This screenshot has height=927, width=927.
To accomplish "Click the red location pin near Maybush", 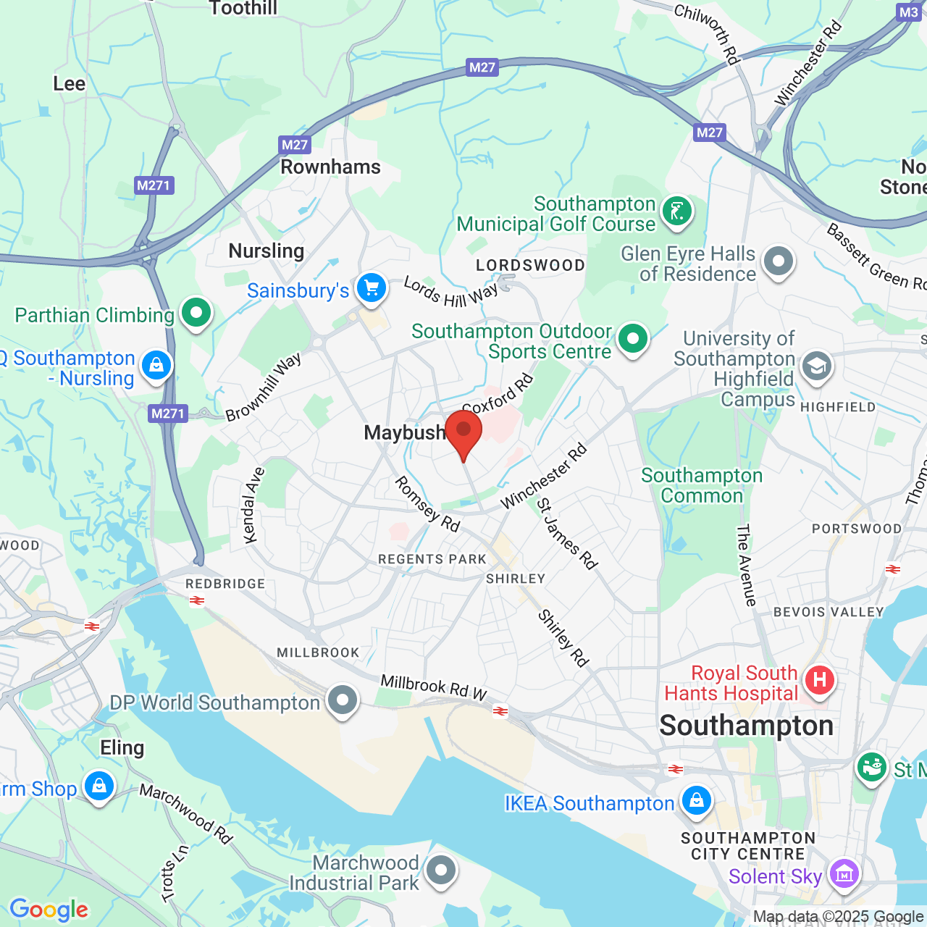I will coord(463,431).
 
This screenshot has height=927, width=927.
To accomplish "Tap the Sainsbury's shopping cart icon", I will coord(372,288).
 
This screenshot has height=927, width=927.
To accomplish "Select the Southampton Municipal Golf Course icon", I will coord(677,211).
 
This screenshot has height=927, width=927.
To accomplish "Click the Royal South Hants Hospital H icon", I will coord(819,680).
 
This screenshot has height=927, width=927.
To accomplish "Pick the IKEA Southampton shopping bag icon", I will coord(696,800).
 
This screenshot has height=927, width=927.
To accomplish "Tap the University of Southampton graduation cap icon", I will coord(816,366).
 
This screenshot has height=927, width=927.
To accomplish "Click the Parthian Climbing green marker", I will coord(196,313).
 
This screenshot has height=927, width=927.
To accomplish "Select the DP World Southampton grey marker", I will coord(342,700).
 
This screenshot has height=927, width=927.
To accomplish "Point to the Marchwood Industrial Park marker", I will coord(440,870).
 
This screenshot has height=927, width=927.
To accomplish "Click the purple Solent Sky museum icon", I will coord(844,873).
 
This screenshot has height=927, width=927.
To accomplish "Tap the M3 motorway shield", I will coord(908,12).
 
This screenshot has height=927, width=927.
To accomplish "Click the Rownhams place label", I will coord(330,167).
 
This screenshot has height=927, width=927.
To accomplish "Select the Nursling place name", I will coord(266,251).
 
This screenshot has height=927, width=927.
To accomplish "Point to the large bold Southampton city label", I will coord(746,726).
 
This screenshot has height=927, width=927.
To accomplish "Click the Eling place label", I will coord(122,747).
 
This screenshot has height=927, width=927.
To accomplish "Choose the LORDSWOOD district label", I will coord(530,266).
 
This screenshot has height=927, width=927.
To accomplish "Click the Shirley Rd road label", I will coord(563,637).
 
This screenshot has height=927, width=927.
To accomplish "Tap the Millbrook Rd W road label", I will coord(434,687).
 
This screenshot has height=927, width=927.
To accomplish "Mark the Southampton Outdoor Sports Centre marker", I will coord(633,338).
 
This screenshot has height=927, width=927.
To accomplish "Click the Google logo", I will coord(49,910).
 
